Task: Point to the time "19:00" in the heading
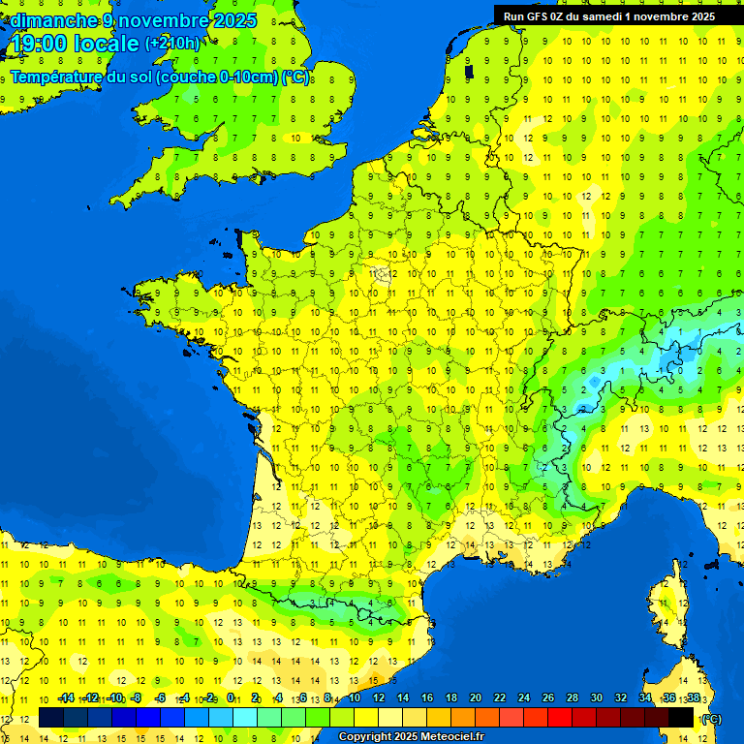[37, 44]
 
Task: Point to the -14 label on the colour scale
[66, 698]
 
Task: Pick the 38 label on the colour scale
[693, 698]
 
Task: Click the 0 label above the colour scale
[231, 698]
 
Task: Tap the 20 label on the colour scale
[475, 698]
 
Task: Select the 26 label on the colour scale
[547, 698]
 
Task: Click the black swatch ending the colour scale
[681, 718]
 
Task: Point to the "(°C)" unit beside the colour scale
[711, 718]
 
